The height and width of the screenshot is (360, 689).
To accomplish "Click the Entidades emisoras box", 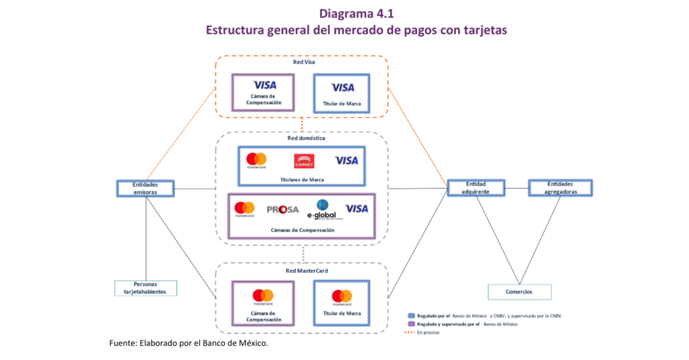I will pos(145,188).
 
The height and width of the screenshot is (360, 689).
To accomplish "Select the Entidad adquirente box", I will pos(476,188).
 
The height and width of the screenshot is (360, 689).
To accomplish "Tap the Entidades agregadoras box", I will pos(560,188).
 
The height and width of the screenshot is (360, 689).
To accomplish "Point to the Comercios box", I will pos(519,291).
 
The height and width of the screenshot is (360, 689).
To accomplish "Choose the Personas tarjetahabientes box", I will pos(145,288).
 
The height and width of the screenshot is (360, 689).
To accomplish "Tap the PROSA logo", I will pos(283,209).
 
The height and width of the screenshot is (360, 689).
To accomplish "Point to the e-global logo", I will pos(321,210).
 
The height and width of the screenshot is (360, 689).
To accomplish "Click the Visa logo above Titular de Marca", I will pos(342,87).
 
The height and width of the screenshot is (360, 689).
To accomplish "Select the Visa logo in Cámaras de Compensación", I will pos(357,209).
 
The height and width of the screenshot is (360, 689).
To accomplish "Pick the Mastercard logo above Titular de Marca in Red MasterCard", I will pos(342,297).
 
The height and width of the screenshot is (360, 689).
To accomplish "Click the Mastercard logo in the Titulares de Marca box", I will pos(256,160).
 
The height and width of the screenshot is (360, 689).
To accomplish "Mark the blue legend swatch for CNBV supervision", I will pos(411,315).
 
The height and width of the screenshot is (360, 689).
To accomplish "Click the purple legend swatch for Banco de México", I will pos(411,324).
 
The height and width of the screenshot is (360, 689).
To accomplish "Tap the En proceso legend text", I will pos(428,332).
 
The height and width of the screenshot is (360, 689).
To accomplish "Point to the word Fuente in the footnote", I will pos(124,343).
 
